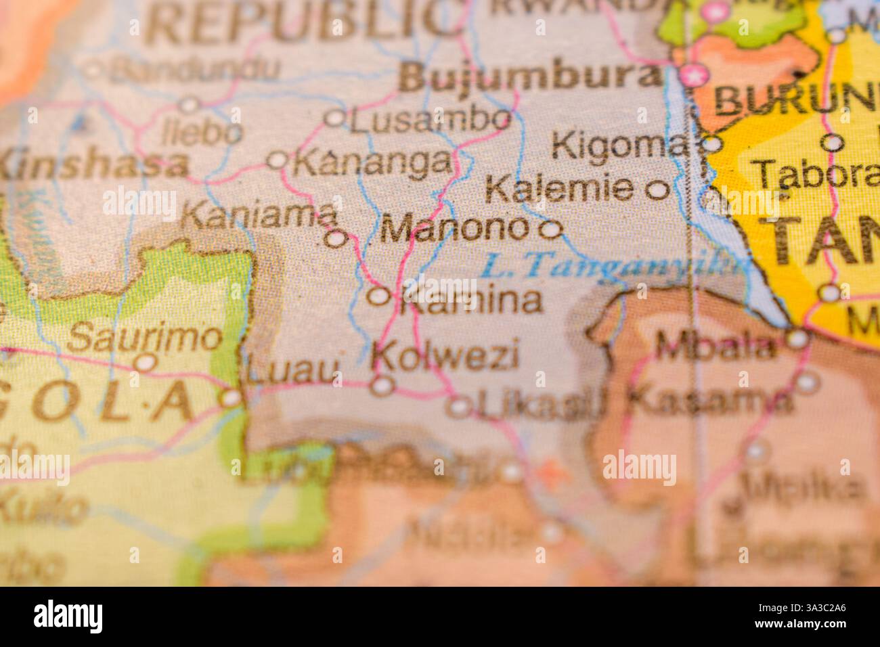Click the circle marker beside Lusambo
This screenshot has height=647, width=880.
(x=334, y=118)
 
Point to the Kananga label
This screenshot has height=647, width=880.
(x=373, y=162)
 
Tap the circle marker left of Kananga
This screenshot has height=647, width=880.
(x=278, y=160)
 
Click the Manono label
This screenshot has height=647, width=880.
(x=454, y=229)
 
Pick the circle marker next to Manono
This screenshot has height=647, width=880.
(x=551, y=230)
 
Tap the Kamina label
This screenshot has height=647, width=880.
(x=471, y=300)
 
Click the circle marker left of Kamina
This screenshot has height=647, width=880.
(x=378, y=296)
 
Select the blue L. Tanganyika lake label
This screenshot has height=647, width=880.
(x=613, y=266)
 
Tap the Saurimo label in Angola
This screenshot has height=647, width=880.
(x=146, y=338)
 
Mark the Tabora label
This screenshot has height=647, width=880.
(x=816, y=174)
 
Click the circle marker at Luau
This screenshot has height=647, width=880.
(x=231, y=398)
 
